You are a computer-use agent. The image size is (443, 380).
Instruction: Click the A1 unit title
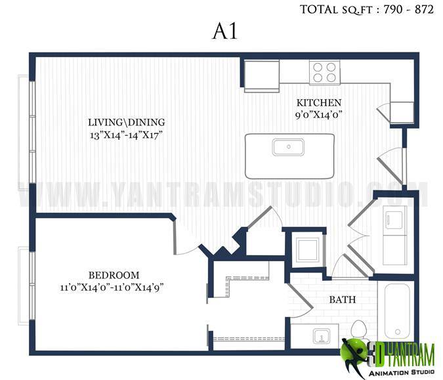click(225, 31)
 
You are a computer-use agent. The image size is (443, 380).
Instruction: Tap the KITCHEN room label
click(319, 102)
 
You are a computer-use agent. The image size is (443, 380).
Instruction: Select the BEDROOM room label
click(114, 275)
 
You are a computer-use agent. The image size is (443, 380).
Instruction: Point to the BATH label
click(343, 299)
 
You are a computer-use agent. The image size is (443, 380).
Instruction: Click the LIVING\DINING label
click(127, 122)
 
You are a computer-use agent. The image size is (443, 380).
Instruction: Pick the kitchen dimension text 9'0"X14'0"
click(319, 115)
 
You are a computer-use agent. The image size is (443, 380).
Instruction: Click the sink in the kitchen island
click(288, 147)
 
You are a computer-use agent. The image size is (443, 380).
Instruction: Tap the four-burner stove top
click(324, 72)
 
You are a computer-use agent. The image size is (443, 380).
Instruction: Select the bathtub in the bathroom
click(397, 311)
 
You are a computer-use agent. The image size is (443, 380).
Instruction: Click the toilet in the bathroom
click(358, 330)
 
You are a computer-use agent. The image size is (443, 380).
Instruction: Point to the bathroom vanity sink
click(322, 336)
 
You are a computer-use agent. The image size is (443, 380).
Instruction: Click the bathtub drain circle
click(398, 331)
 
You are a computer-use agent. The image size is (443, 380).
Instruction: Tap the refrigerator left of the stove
click(262, 75)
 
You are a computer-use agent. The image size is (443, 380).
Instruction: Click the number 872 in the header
click(424, 9)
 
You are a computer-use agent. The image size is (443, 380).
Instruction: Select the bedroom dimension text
click(112, 288)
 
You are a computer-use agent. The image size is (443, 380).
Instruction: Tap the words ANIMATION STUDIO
click(402, 372)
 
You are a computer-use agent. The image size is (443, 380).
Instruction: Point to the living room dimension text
click(127, 135)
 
